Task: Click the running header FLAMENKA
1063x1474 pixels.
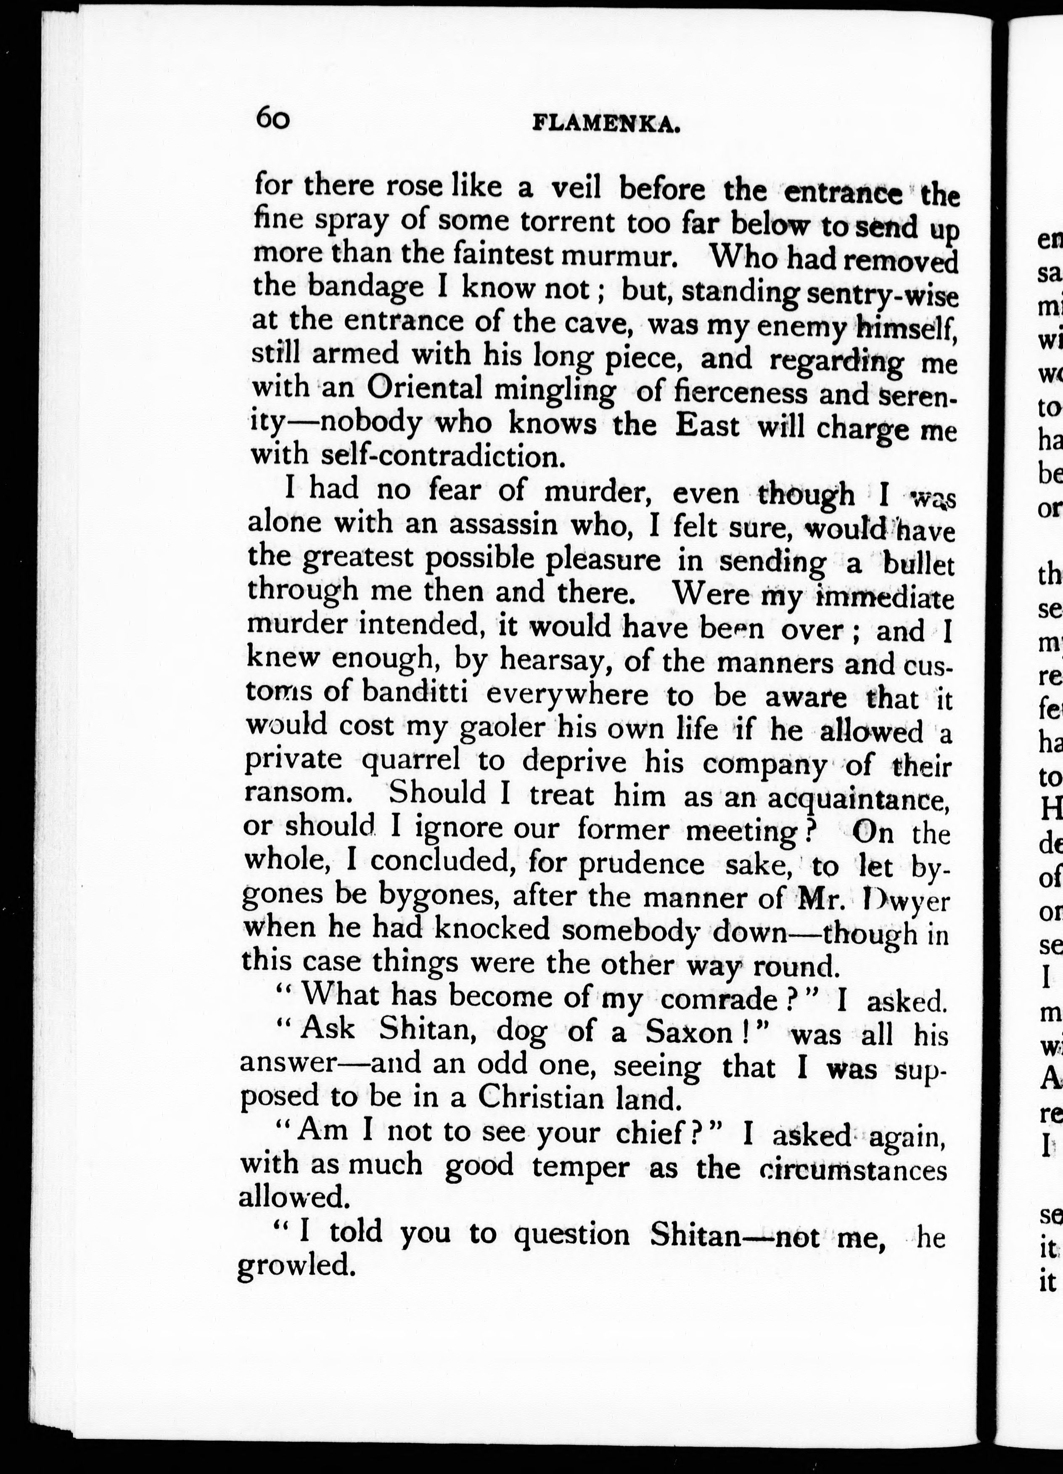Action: [x=606, y=124]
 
